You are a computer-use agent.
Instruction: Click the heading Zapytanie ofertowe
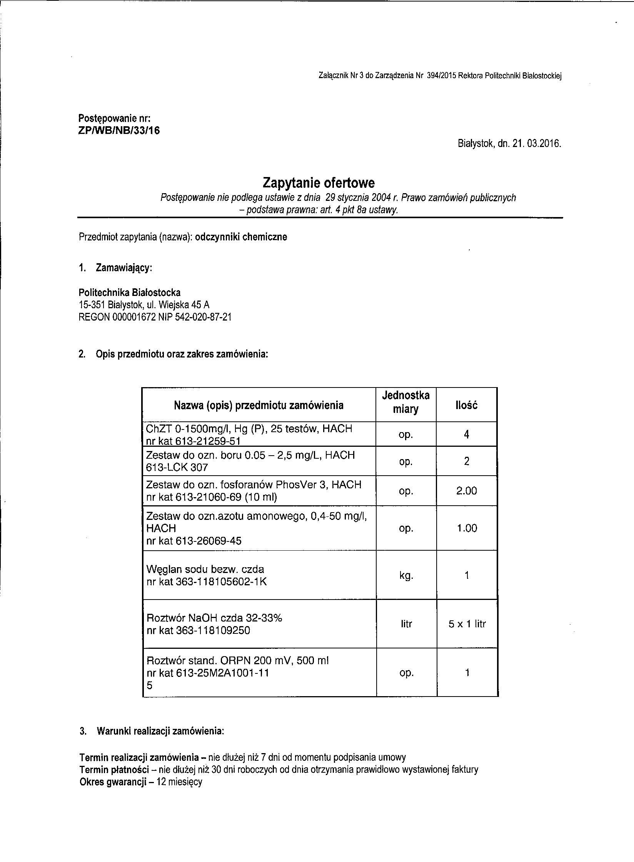click(x=318, y=182)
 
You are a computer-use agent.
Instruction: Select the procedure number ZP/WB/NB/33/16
click(x=119, y=130)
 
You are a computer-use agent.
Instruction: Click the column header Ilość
click(x=466, y=405)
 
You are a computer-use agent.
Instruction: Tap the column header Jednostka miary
click(x=405, y=402)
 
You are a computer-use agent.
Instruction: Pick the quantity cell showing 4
click(x=467, y=435)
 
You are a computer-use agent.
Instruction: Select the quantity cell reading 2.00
click(x=466, y=491)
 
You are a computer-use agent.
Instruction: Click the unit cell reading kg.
click(x=406, y=576)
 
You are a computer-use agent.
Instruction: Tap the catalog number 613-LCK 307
click(x=177, y=468)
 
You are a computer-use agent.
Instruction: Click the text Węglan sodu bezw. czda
click(x=205, y=569)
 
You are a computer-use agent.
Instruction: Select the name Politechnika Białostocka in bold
click(x=129, y=292)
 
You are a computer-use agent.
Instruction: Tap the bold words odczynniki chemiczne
click(x=241, y=237)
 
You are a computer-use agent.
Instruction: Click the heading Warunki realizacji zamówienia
click(x=160, y=731)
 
